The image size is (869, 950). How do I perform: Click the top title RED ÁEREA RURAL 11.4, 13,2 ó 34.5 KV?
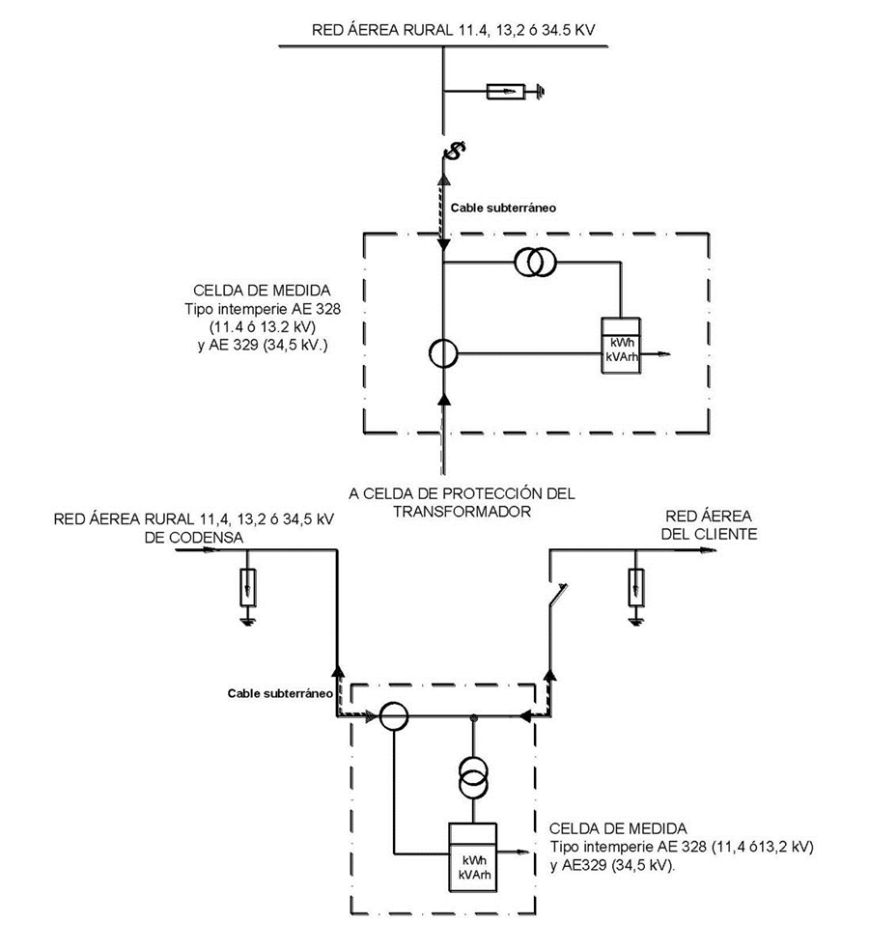point(452,30)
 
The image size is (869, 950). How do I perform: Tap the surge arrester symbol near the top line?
point(505,92)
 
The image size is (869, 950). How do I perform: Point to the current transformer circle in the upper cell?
point(443,353)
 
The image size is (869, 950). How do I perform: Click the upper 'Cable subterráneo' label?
point(503,208)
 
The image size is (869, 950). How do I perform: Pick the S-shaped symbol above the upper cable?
point(454,150)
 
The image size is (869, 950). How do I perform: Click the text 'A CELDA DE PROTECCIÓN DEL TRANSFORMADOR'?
point(463,502)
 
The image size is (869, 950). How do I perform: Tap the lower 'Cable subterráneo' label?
point(280,692)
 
